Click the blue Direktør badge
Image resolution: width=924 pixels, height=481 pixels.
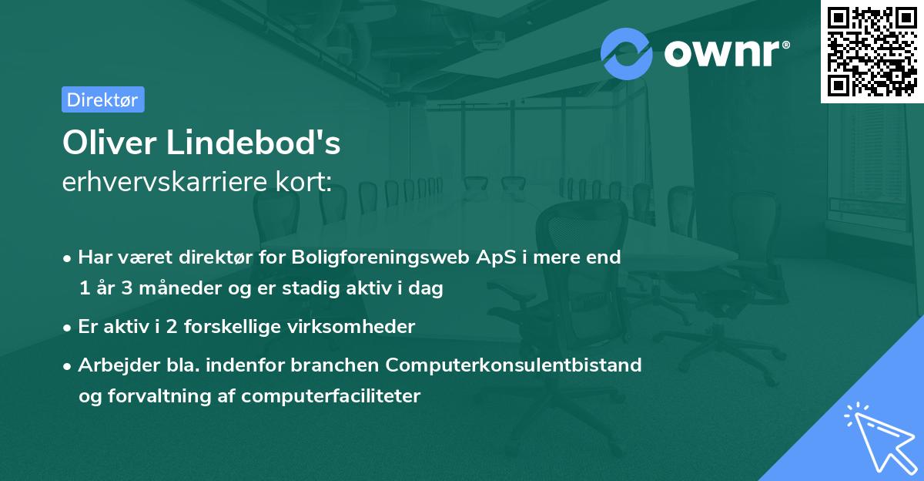tap(102, 99)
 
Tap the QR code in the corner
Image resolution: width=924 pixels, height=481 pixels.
tap(872, 52)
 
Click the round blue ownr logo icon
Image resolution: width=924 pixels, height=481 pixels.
tap(627, 54)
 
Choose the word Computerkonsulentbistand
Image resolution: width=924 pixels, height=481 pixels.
tap(514, 365)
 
